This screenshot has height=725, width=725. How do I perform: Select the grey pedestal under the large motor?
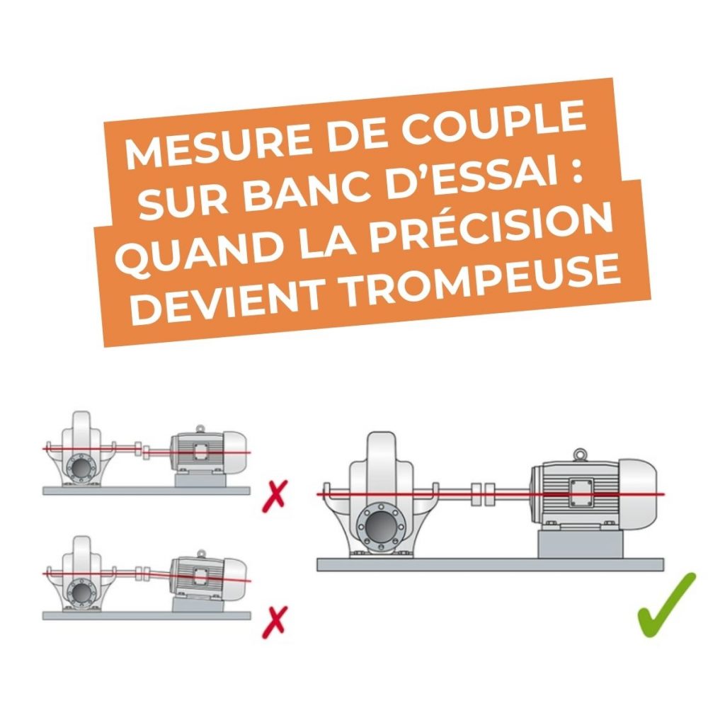point(580,544)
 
